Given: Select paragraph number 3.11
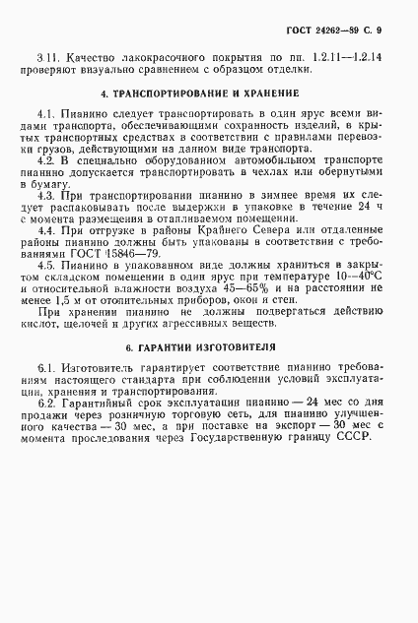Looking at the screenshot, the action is (x=45, y=59).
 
